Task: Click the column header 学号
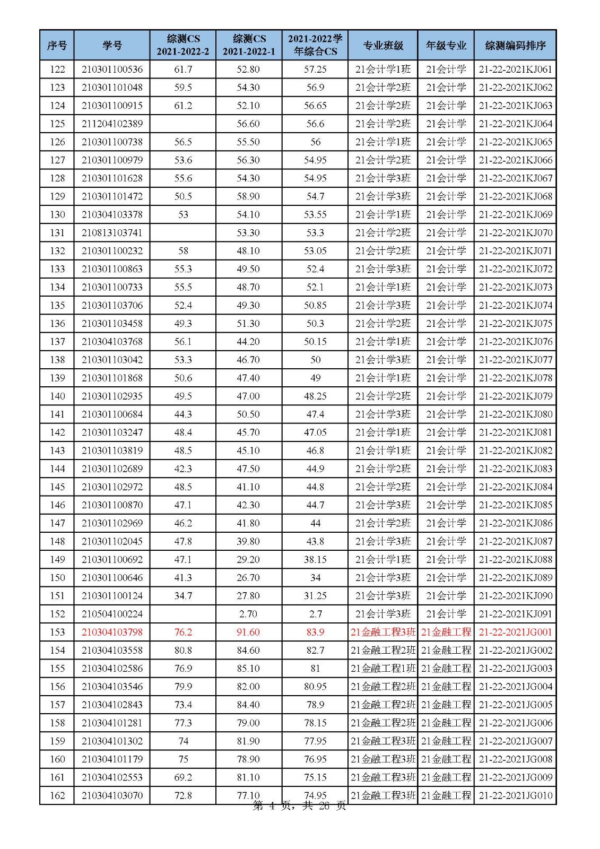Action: click(112, 45)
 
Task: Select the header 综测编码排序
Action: click(515, 45)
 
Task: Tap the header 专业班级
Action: click(383, 45)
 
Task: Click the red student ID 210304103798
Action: click(112, 632)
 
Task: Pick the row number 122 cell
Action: click(57, 69)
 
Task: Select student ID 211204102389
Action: click(112, 124)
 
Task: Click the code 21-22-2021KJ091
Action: click(515, 614)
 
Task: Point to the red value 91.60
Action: click(248, 632)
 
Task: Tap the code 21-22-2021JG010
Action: click(515, 795)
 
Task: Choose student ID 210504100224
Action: click(112, 614)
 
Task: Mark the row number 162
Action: click(57, 795)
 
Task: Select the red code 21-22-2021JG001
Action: click(515, 632)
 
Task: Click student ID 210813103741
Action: click(112, 232)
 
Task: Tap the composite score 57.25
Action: click(315, 69)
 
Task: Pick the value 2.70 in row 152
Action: click(248, 614)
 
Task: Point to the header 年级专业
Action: click(446, 45)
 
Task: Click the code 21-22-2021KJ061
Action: click(515, 69)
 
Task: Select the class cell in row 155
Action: click(383, 668)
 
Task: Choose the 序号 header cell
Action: click(57, 45)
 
